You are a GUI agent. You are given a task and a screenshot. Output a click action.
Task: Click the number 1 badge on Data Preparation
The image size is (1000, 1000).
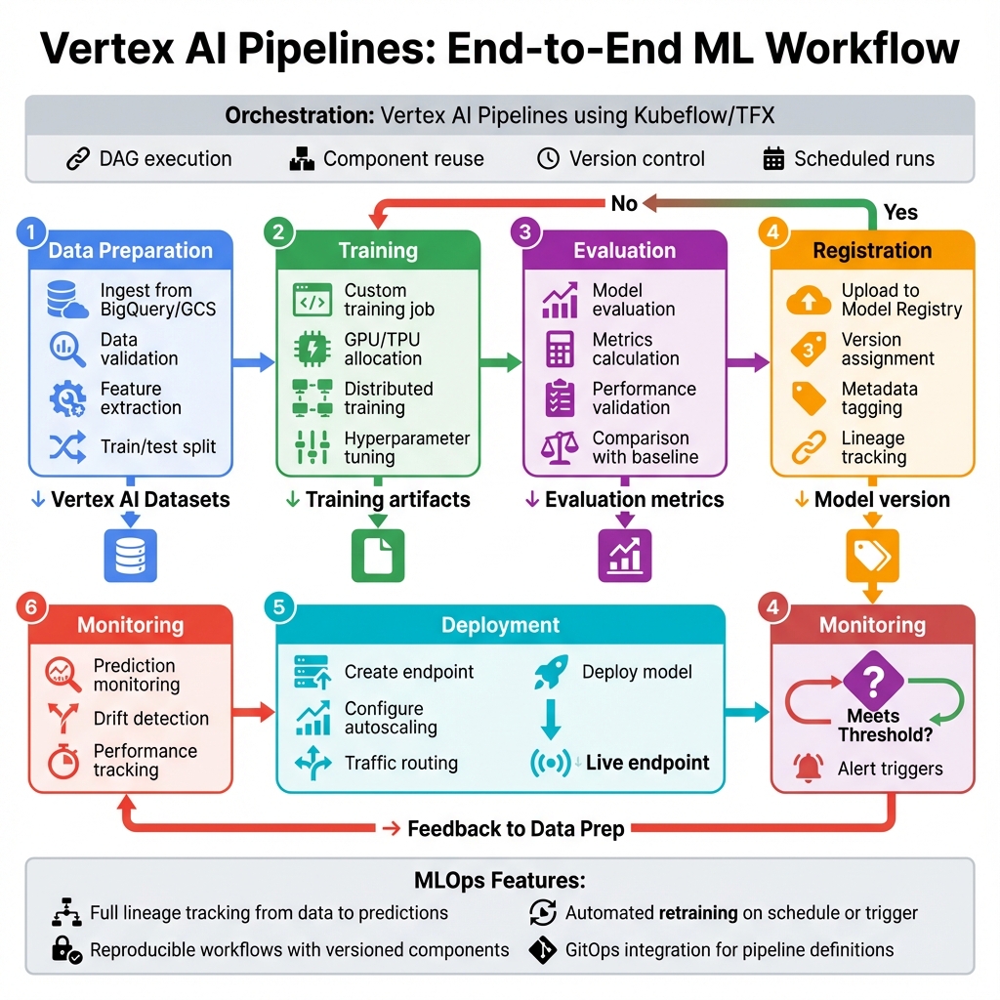(31, 232)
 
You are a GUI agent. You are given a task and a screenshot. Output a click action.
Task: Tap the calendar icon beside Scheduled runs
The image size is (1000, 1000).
(773, 159)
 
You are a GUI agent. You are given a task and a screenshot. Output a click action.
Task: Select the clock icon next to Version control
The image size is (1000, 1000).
(549, 159)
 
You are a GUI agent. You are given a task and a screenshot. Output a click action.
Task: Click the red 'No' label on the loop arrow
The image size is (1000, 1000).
(624, 203)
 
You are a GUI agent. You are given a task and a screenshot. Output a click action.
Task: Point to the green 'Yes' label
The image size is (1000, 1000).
(899, 212)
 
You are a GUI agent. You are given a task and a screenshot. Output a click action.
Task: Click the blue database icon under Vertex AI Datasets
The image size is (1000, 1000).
(130, 556)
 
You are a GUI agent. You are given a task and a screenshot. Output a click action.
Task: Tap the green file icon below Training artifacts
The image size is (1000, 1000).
(377, 556)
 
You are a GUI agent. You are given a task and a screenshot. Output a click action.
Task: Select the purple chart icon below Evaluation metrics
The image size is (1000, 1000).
(624, 556)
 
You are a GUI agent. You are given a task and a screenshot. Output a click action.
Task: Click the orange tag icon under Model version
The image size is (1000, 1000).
(872, 556)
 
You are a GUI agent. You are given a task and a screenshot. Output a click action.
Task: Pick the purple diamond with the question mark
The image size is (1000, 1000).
(871, 678)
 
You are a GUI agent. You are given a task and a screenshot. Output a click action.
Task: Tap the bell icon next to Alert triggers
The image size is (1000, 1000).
(810, 769)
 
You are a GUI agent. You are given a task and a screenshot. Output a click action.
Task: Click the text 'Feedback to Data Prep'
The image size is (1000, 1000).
(516, 829)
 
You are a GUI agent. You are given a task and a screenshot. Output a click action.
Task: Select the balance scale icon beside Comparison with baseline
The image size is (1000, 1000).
(560, 447)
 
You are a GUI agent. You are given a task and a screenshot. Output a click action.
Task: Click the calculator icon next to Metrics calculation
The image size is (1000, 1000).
(560, 349)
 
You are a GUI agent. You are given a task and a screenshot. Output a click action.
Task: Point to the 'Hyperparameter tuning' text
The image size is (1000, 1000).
(407, 447)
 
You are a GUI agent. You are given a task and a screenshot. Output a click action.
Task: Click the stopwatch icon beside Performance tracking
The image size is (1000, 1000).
(62, 761)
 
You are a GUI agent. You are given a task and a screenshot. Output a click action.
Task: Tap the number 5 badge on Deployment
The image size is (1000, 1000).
(278, 607)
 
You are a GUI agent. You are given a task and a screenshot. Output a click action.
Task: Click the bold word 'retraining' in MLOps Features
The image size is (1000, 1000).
(697, 913)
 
